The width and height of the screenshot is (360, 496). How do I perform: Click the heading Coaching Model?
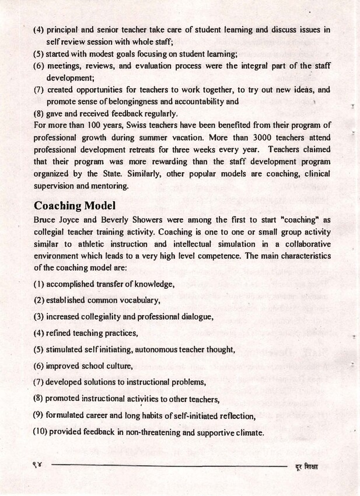point(74,205)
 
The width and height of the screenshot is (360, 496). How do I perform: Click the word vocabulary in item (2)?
point(139,300)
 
